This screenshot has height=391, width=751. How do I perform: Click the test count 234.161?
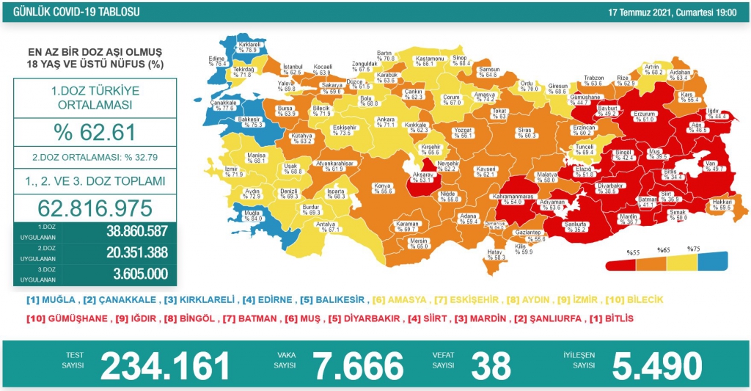[164, 365]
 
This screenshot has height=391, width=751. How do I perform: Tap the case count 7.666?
[358, 365]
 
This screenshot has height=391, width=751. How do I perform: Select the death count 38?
[488, 365]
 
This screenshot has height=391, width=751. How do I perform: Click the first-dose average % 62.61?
[94, 133]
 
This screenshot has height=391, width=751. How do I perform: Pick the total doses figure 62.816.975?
[94, 206]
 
